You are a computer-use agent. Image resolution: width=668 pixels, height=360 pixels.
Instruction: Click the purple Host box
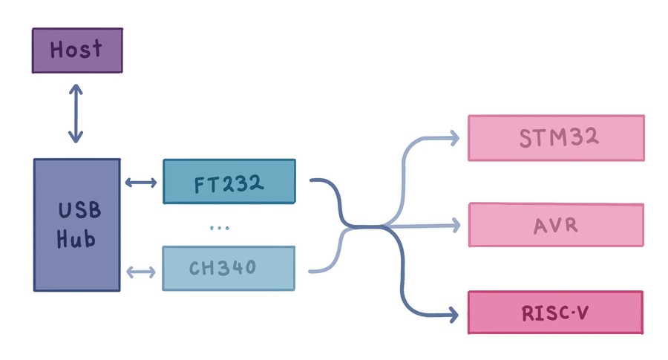coord(76,50)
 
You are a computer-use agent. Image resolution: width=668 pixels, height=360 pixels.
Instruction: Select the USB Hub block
coord(76,224)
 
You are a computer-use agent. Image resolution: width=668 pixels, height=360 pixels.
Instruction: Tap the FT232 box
coord(229,181)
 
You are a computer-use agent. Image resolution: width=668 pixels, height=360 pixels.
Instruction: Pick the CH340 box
coord(229,268)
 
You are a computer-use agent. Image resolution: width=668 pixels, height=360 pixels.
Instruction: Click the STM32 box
coord(555,137)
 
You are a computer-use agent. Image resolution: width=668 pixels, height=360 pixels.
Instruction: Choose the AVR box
coord(555,224)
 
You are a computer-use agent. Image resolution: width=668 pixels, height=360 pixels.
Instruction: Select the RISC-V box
coord(555,312)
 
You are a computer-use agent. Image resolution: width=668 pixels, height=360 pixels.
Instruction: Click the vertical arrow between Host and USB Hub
coord(76,113)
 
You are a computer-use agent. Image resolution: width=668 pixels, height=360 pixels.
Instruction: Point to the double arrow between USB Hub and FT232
coord(141,182)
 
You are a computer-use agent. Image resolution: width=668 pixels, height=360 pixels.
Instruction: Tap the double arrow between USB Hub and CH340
coord(141,272)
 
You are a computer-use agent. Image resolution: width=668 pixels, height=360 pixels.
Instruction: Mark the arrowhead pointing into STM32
coord(454,137)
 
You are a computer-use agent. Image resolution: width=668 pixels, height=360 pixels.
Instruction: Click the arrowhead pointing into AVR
coord(454,223)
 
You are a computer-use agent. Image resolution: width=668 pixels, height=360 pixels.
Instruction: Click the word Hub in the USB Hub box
coord(77,240)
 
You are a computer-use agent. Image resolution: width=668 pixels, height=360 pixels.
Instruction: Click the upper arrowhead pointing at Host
coord(76,87)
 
